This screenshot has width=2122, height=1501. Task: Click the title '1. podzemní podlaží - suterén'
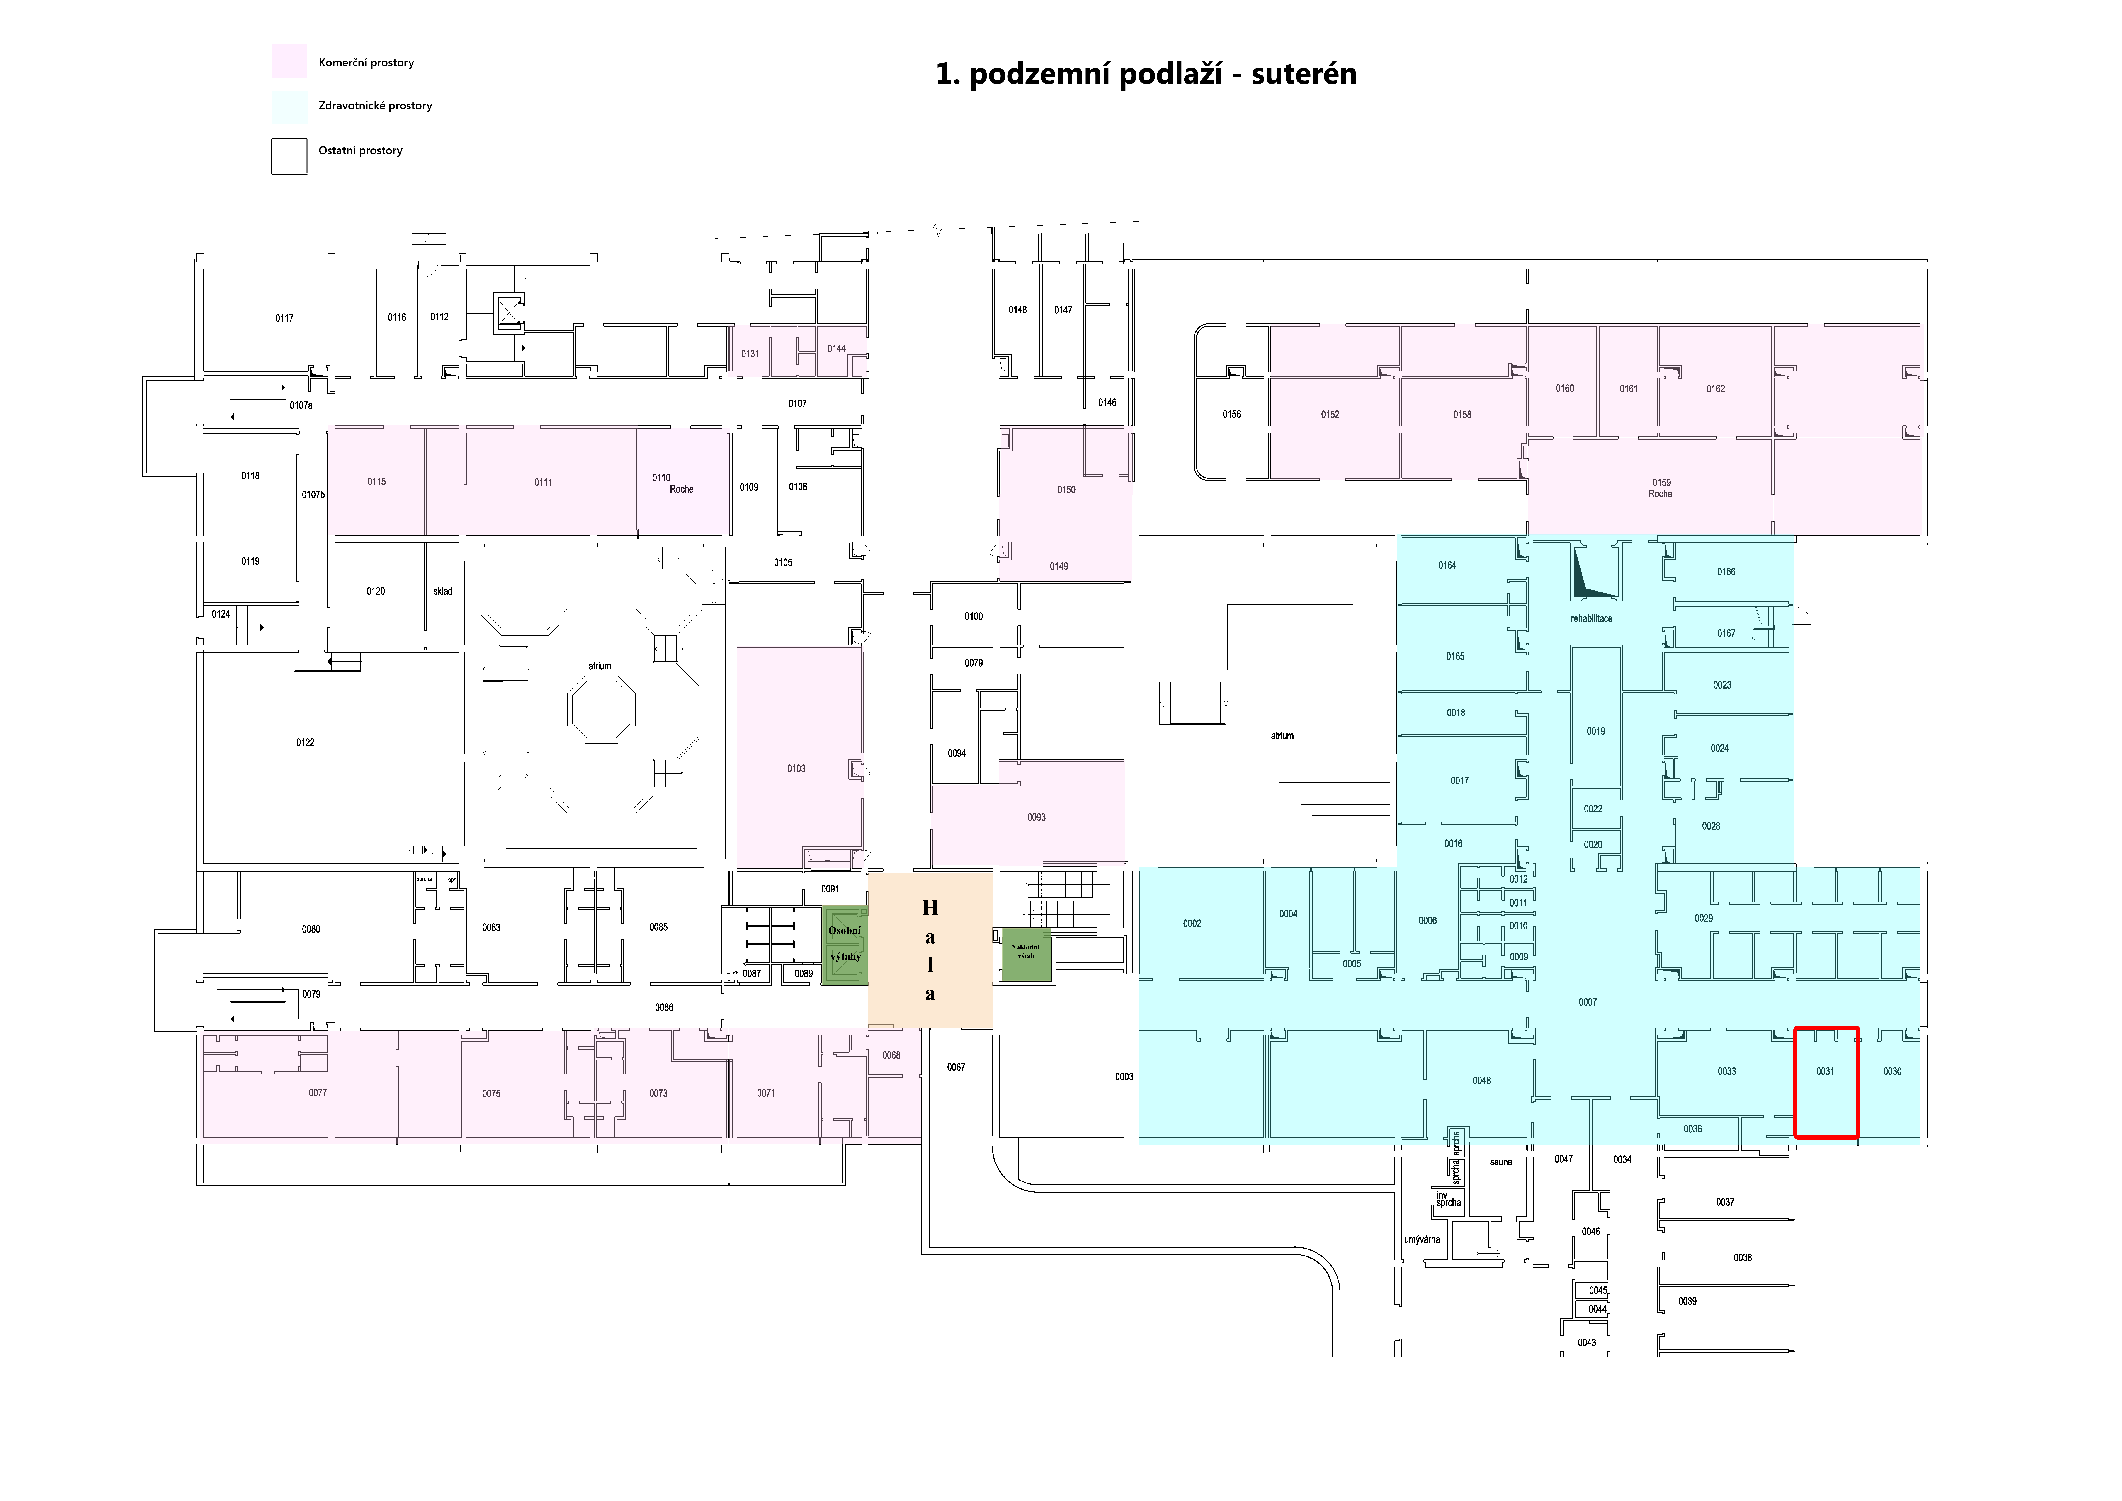(1146, 74)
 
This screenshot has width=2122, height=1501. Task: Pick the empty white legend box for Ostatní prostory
(289, 156)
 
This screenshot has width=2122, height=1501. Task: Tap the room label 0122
(305, 742)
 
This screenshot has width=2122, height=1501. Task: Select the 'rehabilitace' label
(1592, 618)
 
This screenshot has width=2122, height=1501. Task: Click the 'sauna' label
(1501, 1162)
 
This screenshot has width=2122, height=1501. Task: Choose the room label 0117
(284, 318)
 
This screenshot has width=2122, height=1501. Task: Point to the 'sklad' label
(443, 592)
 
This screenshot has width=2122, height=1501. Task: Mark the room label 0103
(796, 768)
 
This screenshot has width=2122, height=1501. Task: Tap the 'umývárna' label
(1421, 1239)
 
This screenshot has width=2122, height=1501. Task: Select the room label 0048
(1481, 1080)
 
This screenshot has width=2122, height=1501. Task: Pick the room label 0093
(1036, 817)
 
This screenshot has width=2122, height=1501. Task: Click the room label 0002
(1192, 923)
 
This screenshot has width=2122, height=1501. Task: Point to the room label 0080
(311, 929)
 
